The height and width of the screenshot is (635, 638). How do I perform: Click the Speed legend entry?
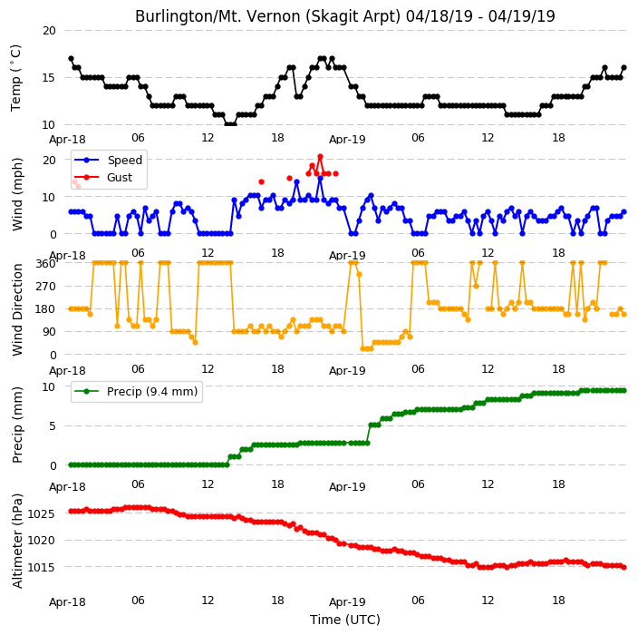click(108, 160)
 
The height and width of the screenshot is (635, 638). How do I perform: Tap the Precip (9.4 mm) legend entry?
click(136, 391)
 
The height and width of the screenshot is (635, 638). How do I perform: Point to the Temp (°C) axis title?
click(15, 78)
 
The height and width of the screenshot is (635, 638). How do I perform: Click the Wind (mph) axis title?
click(16, 194)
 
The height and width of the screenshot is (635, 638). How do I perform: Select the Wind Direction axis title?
click(16, 309)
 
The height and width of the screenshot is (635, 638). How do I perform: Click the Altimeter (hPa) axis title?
click(16, 541)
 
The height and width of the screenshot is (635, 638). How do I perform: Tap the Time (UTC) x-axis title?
click(345, 620)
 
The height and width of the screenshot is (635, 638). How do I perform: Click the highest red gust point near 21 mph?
click(320, 156)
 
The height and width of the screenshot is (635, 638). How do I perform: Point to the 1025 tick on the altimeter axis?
click(41, 513)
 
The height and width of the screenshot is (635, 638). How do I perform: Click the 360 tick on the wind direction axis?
click(45, 264)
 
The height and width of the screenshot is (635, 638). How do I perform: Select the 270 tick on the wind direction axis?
click(45, 287)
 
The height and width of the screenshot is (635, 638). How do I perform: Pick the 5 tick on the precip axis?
click(53, 426)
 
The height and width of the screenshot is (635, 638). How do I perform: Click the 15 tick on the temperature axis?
click(49, 78)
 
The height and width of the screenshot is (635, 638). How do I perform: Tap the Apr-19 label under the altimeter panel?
click(347, 602)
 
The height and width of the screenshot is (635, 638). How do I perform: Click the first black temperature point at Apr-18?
click(72, 59)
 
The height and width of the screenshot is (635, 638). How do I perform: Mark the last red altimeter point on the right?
click(624, 567)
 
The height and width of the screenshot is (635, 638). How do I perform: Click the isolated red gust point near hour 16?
click(261, 182)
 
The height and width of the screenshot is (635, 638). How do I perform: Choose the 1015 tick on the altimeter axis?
click(41, 567)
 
